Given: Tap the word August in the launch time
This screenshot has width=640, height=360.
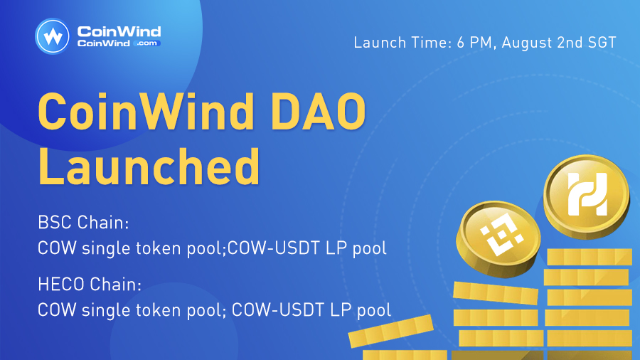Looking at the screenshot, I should point(528,42).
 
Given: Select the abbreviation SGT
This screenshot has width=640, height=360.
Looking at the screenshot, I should point(600,42).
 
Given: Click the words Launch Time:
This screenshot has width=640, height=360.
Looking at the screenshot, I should point(400,42).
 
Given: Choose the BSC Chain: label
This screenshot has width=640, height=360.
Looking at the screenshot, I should point(83,223).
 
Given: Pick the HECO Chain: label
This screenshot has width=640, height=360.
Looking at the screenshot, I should point(90,285).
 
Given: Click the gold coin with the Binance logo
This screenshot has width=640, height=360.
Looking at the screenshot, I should point(496,238).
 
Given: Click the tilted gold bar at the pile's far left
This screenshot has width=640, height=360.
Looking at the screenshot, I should point(390,332).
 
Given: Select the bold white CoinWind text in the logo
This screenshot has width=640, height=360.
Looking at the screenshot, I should point(119,31).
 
